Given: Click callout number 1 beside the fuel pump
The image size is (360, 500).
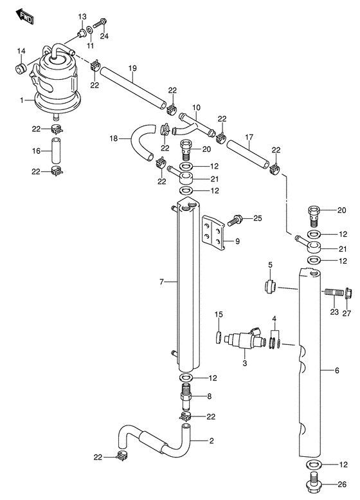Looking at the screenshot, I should click(x=21, y=100).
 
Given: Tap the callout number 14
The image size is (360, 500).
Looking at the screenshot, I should click(x=21, y=51).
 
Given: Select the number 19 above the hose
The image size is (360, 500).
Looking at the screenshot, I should click(x=132, y=68).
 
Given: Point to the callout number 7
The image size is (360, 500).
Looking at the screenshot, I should click(x=163, y=282).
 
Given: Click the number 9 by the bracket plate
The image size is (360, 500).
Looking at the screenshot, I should click(x=237, y=241).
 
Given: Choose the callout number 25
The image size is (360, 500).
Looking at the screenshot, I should click(x=258, y=219).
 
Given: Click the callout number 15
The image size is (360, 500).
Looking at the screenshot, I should click(x=218, y=314).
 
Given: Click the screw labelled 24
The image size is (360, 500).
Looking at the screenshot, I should click(x=98, y=24).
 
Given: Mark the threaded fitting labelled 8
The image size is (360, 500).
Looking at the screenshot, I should click(x=186, y=396).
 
